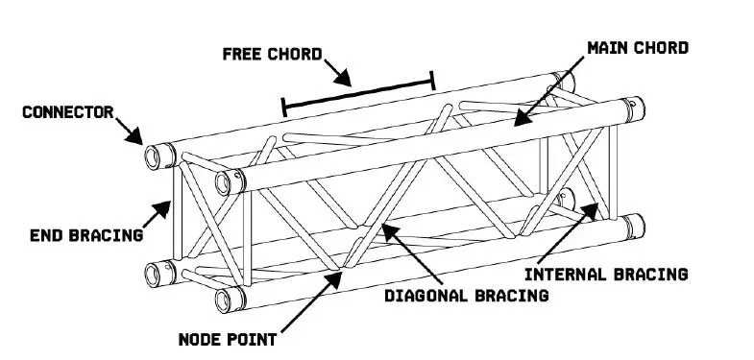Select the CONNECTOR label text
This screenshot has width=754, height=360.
click(x=67, y=112)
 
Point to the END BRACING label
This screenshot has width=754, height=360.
click(x=85, y=233)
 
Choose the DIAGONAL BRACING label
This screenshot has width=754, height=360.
click(x=466, y=295)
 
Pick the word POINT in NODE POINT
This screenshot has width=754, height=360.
click(x=254, y=338)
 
